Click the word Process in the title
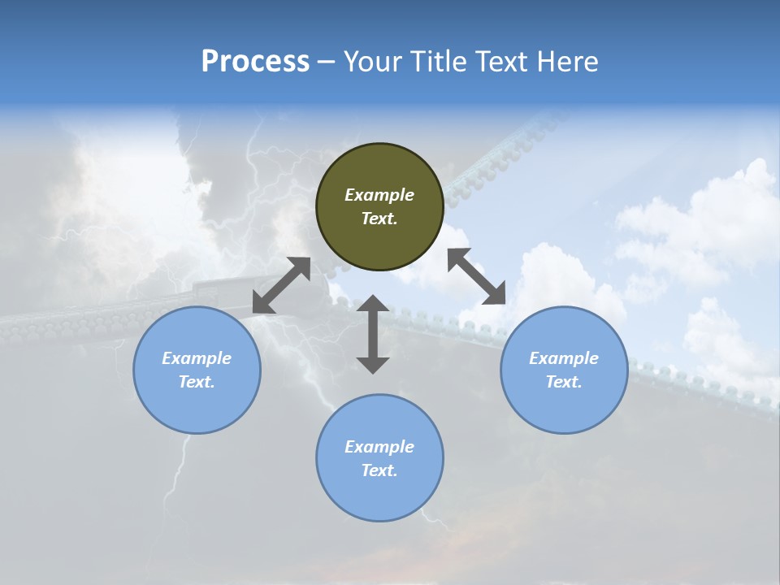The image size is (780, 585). tap(255, 62)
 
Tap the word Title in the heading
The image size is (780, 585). tap(440, 62)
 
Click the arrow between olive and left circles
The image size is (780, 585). tap(281, 285)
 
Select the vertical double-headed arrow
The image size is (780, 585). tap(373, 334)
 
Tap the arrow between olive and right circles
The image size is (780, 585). tap(477, 276)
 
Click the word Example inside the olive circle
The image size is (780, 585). tap(379, 195)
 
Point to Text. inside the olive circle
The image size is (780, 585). tap(379, 219)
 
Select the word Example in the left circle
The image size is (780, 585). tap(197, 358)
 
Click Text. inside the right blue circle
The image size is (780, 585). tap(564, 382)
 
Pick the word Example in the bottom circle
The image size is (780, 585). tap(379, 447)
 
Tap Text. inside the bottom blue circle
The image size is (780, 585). tap(379, 470)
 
